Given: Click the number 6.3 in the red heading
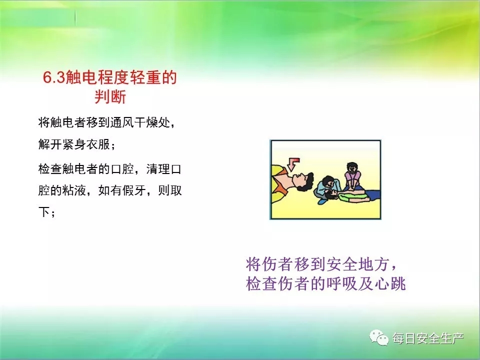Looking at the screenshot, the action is tap(54, 77).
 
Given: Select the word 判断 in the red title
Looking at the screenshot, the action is tap(110, 96).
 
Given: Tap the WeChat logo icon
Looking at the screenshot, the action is tap(379, 337).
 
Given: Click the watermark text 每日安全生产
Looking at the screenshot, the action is tap(428, 338).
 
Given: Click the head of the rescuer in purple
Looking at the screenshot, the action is tap(352, 168).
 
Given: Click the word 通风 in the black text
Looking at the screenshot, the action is tap(121, 123).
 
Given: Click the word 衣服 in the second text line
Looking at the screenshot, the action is tap(97, 144).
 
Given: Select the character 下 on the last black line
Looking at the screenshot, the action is tap(44, 212).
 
